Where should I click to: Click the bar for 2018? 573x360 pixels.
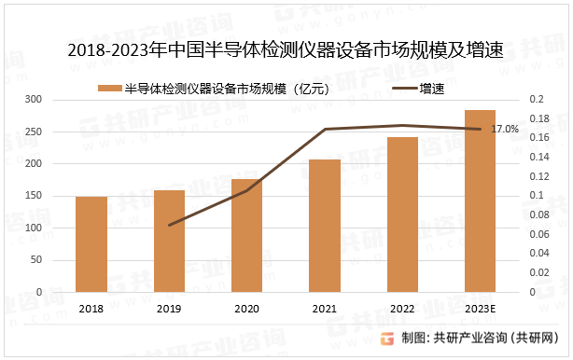point(91,244)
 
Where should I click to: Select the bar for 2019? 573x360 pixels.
point(169,241)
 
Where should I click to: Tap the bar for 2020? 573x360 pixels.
point(246,235)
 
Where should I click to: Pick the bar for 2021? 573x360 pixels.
point(325,226)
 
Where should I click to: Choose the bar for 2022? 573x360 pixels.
point(402,215)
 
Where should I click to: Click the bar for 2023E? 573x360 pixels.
point(480,201)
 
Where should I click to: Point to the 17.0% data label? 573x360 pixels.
point(504,129)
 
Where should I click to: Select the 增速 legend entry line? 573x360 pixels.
point(404,89)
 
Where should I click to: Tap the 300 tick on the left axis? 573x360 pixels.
point(33,99)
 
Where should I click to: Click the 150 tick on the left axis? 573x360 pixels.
point(33,196)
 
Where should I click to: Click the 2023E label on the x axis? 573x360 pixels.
point(480,309)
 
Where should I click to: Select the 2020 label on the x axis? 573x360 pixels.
point(246,309)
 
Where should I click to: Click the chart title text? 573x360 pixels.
point(286,52)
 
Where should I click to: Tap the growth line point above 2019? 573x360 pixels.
point(169,226)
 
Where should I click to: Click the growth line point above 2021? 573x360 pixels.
point(325,129)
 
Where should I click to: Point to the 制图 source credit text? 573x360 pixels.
point(485,338)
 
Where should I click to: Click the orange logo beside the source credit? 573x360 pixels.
point(388,338)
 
